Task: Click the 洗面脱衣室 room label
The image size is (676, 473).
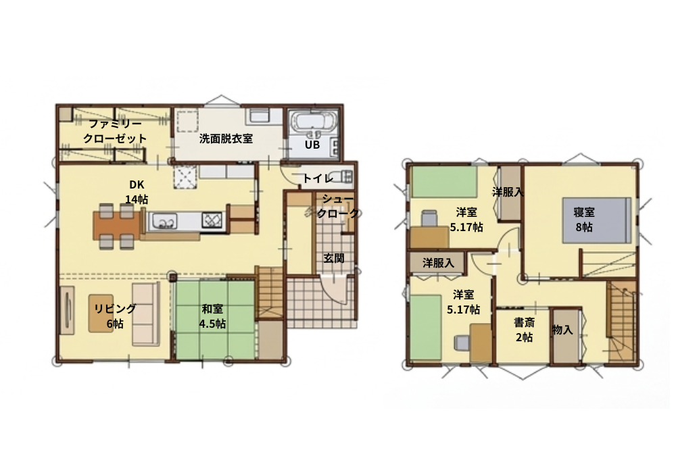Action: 226,139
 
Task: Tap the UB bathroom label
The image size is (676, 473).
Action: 312,145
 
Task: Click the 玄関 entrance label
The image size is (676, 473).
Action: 334,258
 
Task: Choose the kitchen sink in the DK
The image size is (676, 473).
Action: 163,221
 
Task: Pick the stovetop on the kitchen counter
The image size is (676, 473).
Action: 212,221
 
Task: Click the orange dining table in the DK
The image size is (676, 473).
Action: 117,225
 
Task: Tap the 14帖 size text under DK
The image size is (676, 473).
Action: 137,199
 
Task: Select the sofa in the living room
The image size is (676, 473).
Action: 146,314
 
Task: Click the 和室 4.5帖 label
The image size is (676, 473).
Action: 212,316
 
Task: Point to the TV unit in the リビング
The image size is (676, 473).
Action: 67,309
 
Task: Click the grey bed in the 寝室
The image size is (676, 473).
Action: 597,220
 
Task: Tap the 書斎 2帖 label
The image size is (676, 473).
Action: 525,330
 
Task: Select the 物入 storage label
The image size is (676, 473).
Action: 562,330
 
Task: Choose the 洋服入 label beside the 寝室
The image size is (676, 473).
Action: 508,192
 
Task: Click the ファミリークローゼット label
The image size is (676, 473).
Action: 115,131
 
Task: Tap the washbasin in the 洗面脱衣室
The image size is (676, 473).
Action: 259,116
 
